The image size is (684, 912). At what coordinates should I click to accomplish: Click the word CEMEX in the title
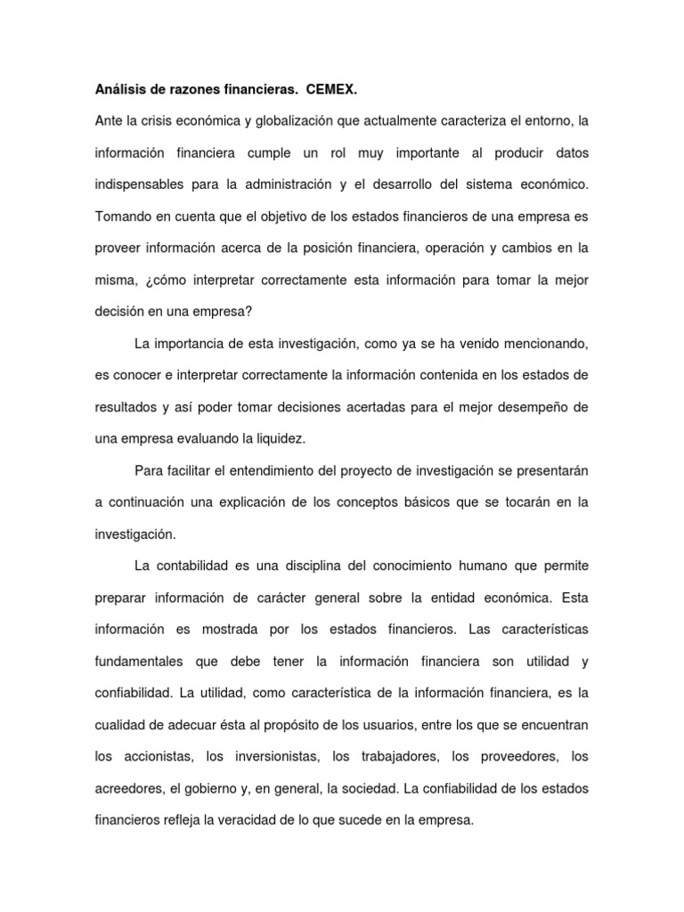click(336, 90)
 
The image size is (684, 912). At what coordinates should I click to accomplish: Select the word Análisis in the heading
click(119, 90)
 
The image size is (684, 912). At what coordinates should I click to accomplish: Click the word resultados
click(126, 407)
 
